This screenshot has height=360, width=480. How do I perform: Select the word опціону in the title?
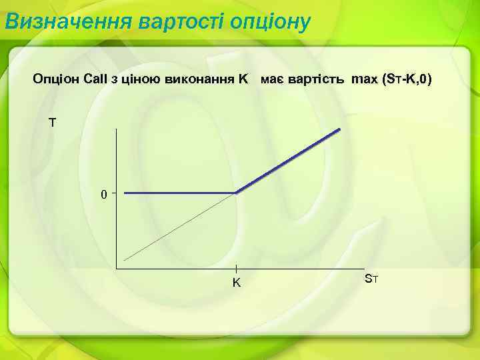pos(270,21)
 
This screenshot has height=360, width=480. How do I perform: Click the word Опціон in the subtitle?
pos(57,80)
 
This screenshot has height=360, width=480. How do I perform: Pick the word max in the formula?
pos(364,80)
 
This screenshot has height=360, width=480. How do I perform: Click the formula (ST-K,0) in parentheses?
pos(406,80)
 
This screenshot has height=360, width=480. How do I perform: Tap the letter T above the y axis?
pos(51,123)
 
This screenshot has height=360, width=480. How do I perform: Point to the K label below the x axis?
pos(236,283)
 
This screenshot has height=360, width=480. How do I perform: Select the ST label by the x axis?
pos(371,278)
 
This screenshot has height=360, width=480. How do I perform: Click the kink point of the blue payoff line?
pos(237,193)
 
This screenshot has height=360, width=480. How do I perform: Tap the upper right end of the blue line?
pos(340,130)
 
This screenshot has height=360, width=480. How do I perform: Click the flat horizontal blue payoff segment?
pos(180,193)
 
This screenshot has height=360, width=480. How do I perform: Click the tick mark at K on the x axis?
pos(237,268)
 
